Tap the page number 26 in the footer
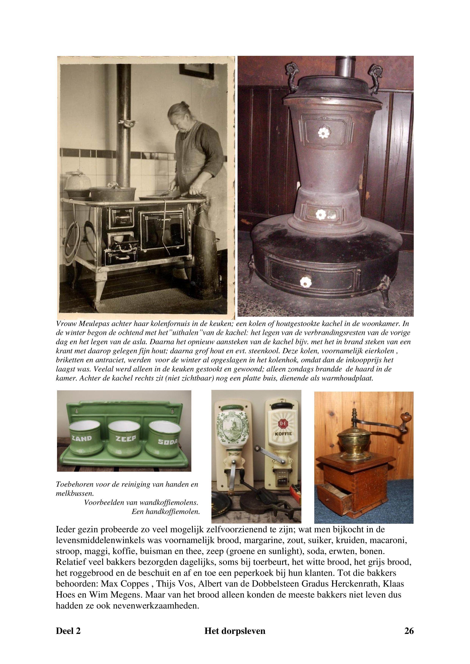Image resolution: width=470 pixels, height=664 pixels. (409, 631)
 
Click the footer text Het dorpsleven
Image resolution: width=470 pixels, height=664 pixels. (235, 631)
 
